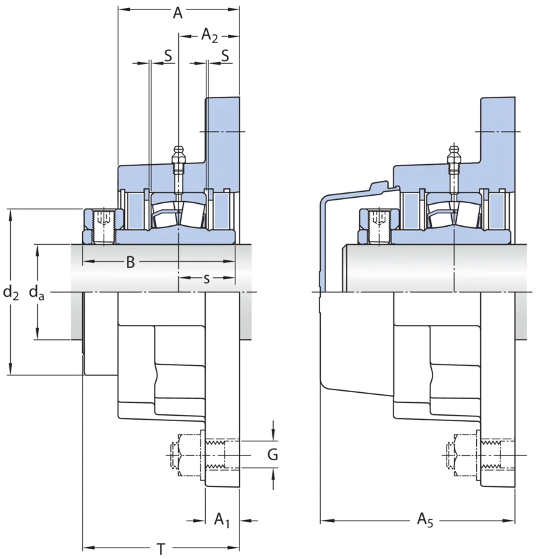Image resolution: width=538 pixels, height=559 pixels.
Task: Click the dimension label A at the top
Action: click(x=178, y=13)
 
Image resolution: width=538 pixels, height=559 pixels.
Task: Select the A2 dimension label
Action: click(x=210, y=35)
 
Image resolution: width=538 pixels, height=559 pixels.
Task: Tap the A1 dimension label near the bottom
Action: click(x=222, y=520)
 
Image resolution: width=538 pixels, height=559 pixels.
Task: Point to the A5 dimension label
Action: click(x=425, y=520)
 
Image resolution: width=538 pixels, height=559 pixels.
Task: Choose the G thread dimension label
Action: click(x=272, y=455)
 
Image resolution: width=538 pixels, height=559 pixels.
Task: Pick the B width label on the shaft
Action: click(x=130, y=262)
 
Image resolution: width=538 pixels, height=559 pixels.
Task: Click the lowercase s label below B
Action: click(x=206, y=278)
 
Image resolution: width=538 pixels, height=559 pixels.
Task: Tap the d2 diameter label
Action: click(x=11, y=293)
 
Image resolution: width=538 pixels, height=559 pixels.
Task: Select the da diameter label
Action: click(x=37, y=293)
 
